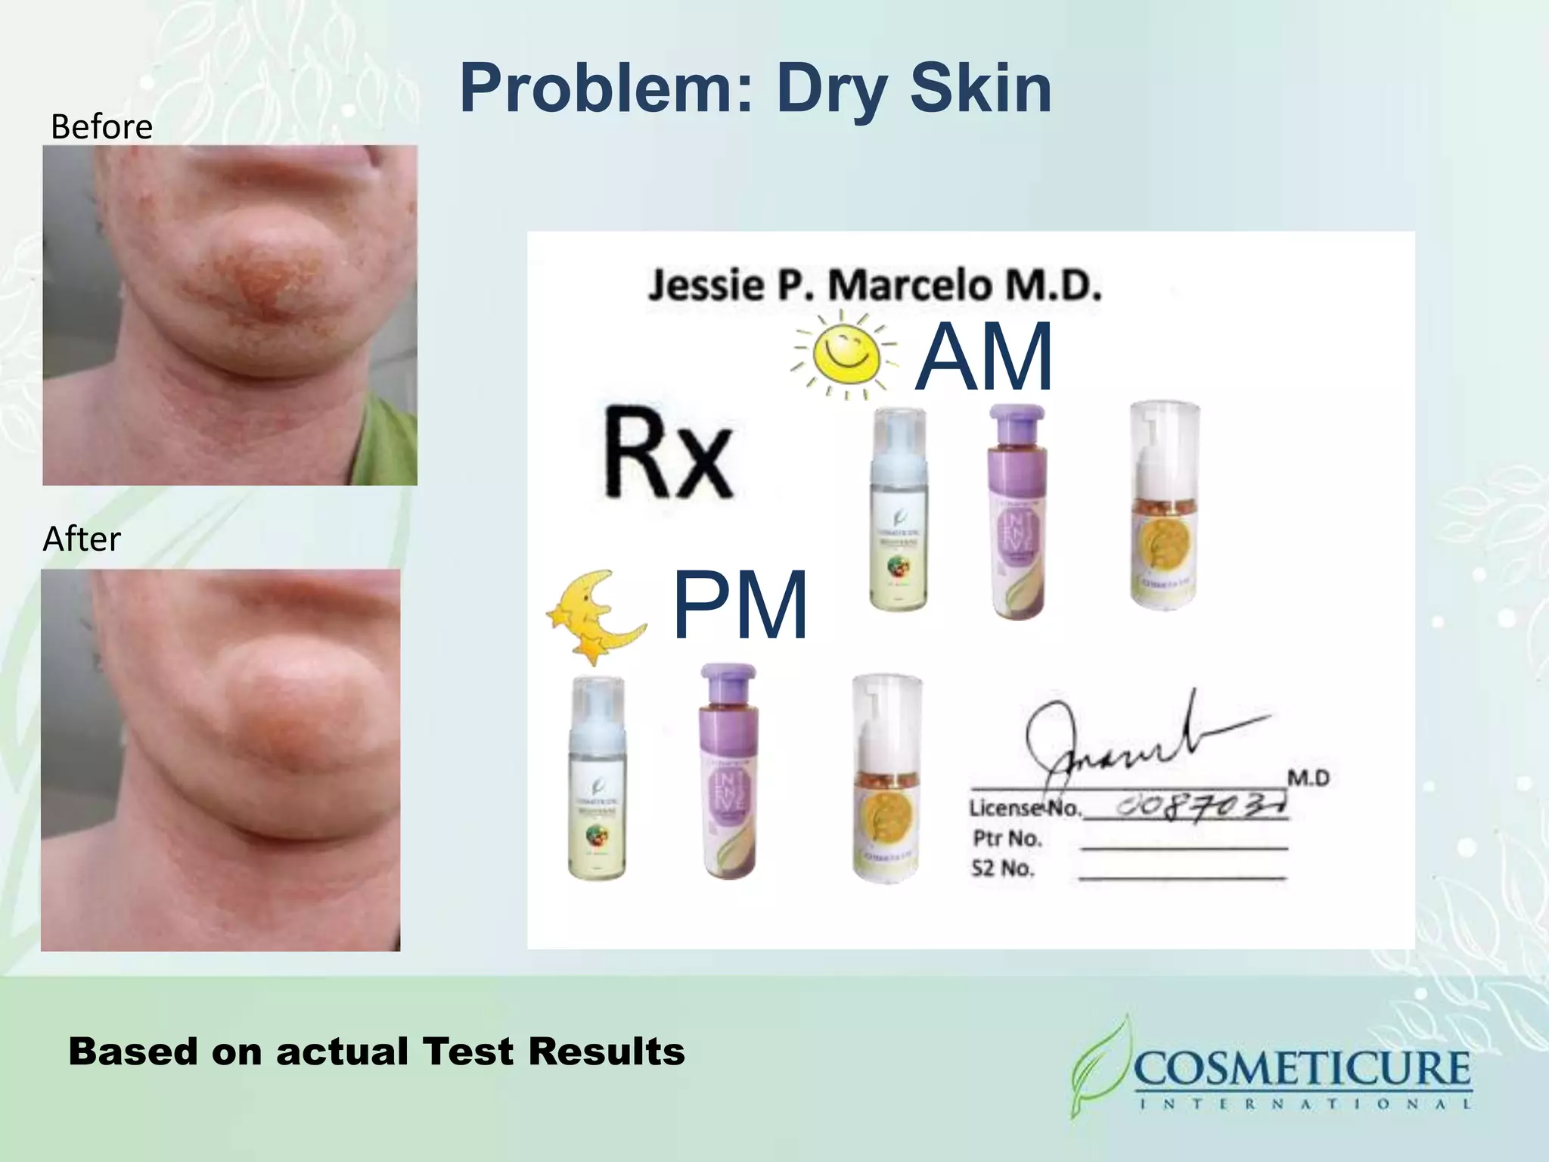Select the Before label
pos(101,126)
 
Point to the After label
pos(82,539)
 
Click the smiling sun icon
pos(845,354)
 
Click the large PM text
pos(740,606)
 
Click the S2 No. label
pos(1002,868)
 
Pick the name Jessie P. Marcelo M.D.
pos(874,286)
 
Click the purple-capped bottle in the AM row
pos(1017,514)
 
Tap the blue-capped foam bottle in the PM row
pos(598,779)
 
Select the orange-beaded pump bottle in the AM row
pos(1164,507)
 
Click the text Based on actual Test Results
pos(377,1052)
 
